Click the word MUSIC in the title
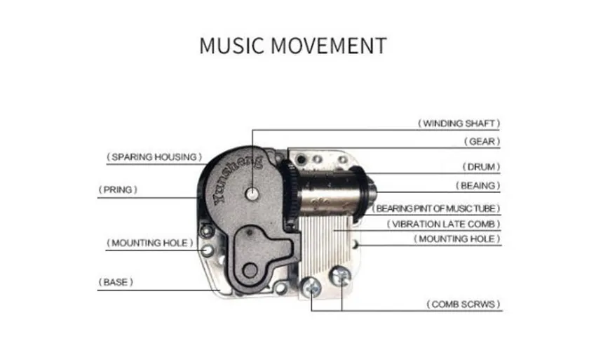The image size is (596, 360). (231, 46)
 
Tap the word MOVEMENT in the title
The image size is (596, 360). (329, 46)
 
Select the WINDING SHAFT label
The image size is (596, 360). (459, 124)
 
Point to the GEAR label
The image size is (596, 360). (482, 142)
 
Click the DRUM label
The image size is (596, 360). (481, 167)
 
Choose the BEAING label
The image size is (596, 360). (478, 186)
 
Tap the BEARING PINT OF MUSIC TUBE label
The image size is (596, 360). (435, 208)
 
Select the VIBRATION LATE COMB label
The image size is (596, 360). (443, 224)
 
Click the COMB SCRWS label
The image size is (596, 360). (463, 305)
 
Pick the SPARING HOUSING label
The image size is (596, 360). (154, 156)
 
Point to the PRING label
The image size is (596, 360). (118, 189)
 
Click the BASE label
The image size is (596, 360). (116, 282)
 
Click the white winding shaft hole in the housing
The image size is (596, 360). (252, 194)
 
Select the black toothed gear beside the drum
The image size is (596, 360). (291, 193)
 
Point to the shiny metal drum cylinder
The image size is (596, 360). (329, 192)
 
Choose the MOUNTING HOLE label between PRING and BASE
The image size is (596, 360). (150, 243)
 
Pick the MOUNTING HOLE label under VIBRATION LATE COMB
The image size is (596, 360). (456, 239)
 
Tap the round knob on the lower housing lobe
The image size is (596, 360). (250, 271)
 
